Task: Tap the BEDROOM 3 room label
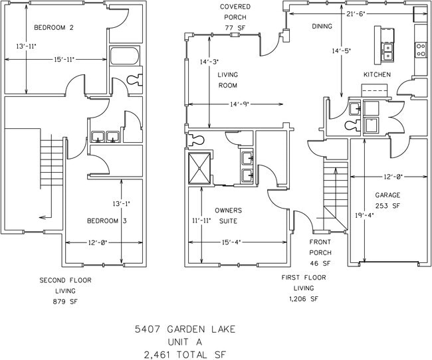coord(107,221)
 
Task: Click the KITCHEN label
coord(377,74)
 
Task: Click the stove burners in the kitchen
coord(421,48)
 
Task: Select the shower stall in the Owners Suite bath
coord(199,169)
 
